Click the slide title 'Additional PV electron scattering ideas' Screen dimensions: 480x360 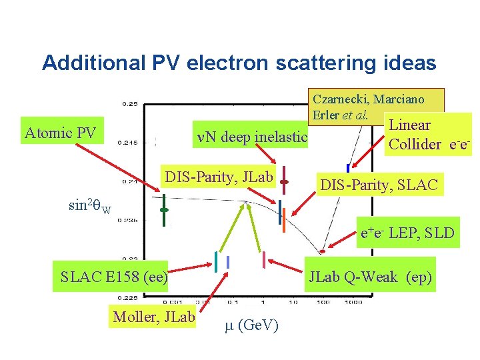(x=239, y=63)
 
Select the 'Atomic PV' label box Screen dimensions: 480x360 (x=60, y=133)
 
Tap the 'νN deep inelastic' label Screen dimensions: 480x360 (x=252, y=138)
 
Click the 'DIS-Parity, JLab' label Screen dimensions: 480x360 (x=219, y=177)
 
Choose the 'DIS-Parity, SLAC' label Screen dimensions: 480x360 (x=379, y=184)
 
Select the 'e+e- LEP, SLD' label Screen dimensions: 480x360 (x=407, y=233)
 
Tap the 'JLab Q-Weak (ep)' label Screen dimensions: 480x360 (x=370, y=277)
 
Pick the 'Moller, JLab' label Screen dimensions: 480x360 (x=154, y=316)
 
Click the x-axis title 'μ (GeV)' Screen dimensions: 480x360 (x=251, y=325)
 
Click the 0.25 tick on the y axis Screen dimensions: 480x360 (x=129, y=104)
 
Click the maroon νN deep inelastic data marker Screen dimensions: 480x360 (x=284, y=181)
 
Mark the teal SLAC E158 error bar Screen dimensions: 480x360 (x=217, y=261)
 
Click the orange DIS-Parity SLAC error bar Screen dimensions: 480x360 (x=284, y=220)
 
